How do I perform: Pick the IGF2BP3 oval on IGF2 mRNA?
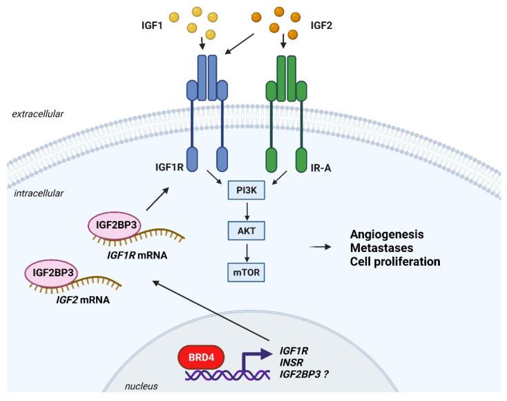[50, 273]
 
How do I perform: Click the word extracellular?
[39, 114]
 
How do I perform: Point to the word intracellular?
[41, 194]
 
